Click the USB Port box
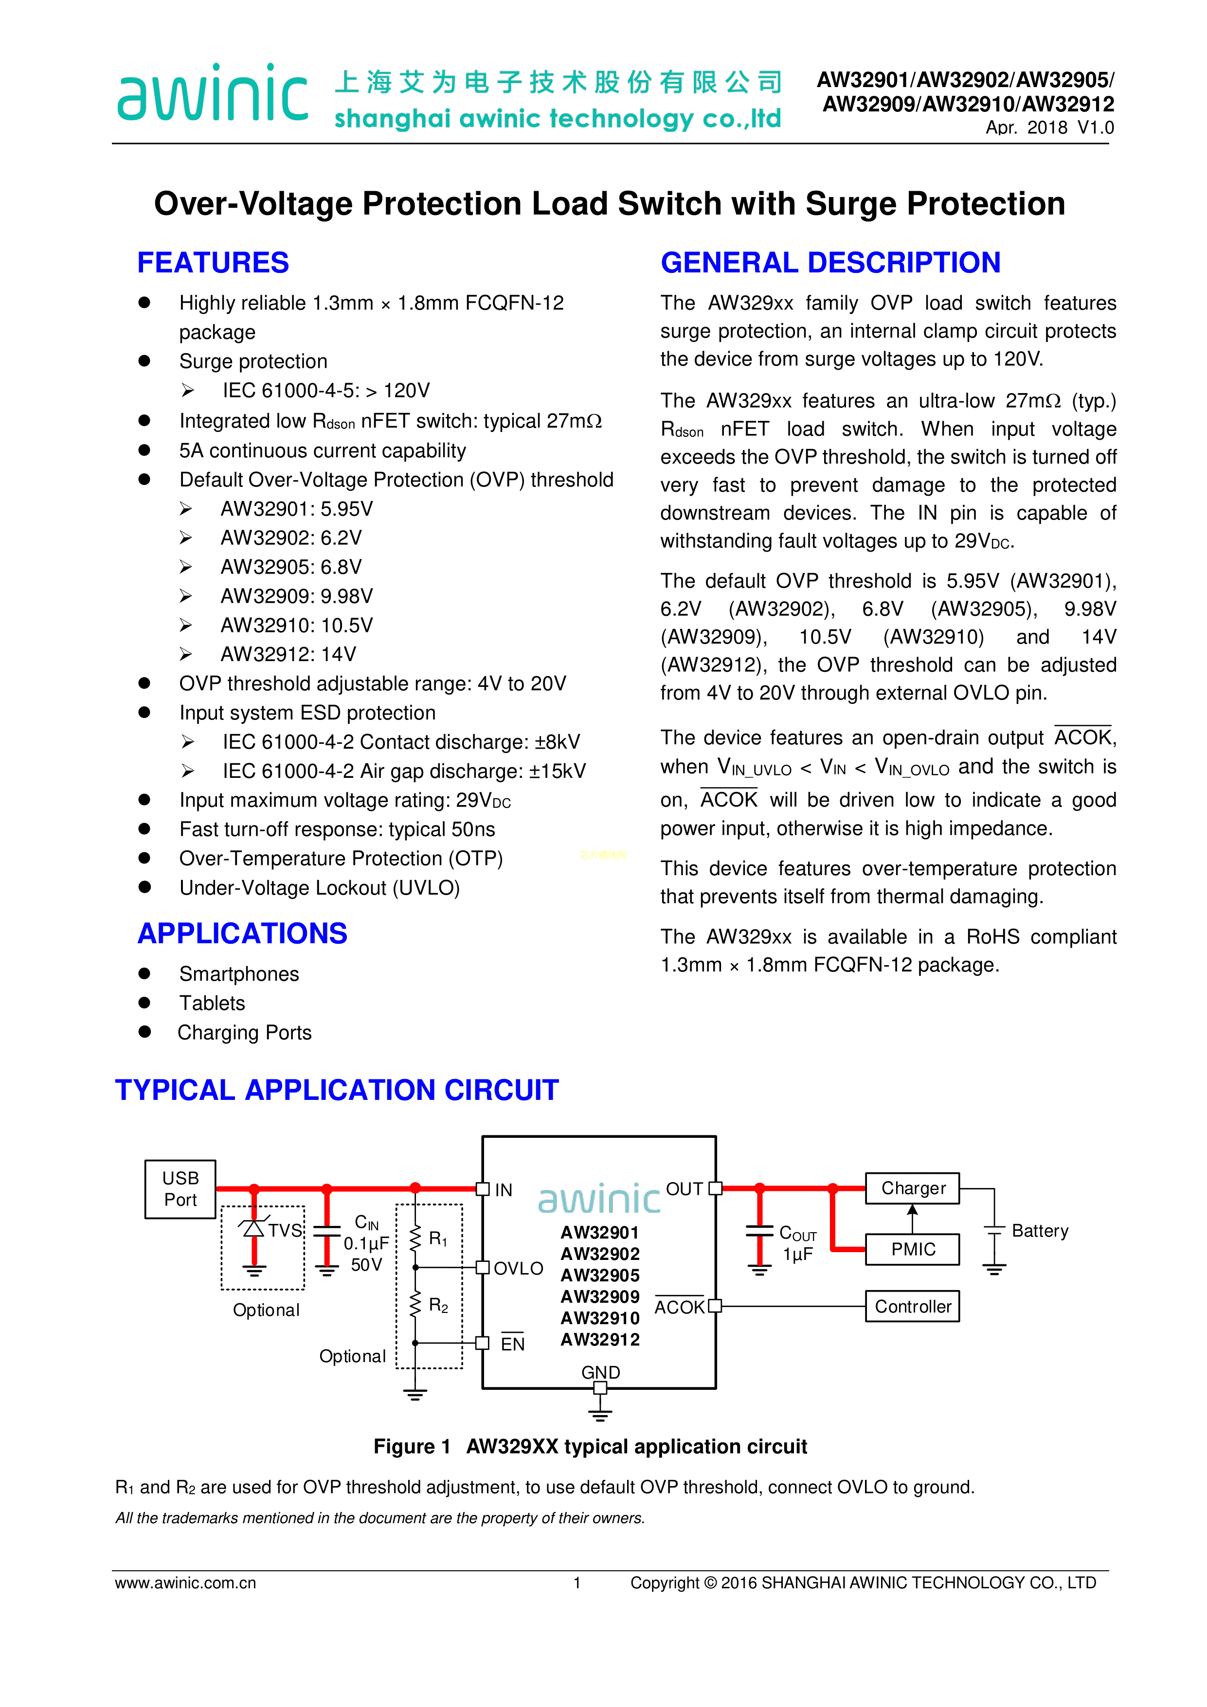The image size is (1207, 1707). [x=180, y=1189]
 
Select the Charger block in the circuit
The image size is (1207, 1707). [x=913, y=1188]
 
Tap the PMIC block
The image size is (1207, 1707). [x=913, y=1249]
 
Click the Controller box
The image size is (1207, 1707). [x=913, y=1306]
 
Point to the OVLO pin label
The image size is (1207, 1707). [x=518, y=1268]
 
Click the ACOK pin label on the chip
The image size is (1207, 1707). [x=679, y=1307]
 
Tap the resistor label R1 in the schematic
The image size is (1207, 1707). [x=438, y=1239]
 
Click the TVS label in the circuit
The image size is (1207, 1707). [x=285, y=1230]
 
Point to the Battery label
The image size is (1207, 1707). [x=1040, y=1231]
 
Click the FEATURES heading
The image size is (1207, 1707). [x=213, y=262]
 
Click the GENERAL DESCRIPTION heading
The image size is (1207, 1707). [x=830, y=262]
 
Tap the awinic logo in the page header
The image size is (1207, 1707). [x=213, y=94]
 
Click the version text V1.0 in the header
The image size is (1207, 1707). [x=1096, y=128]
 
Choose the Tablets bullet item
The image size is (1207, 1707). [x=212, y=1003]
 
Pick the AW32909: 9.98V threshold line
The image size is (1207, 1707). [x=297, y=596]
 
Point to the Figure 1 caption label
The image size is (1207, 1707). [x=412, y=1446]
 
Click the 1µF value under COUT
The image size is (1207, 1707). [x=797, y=1255]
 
